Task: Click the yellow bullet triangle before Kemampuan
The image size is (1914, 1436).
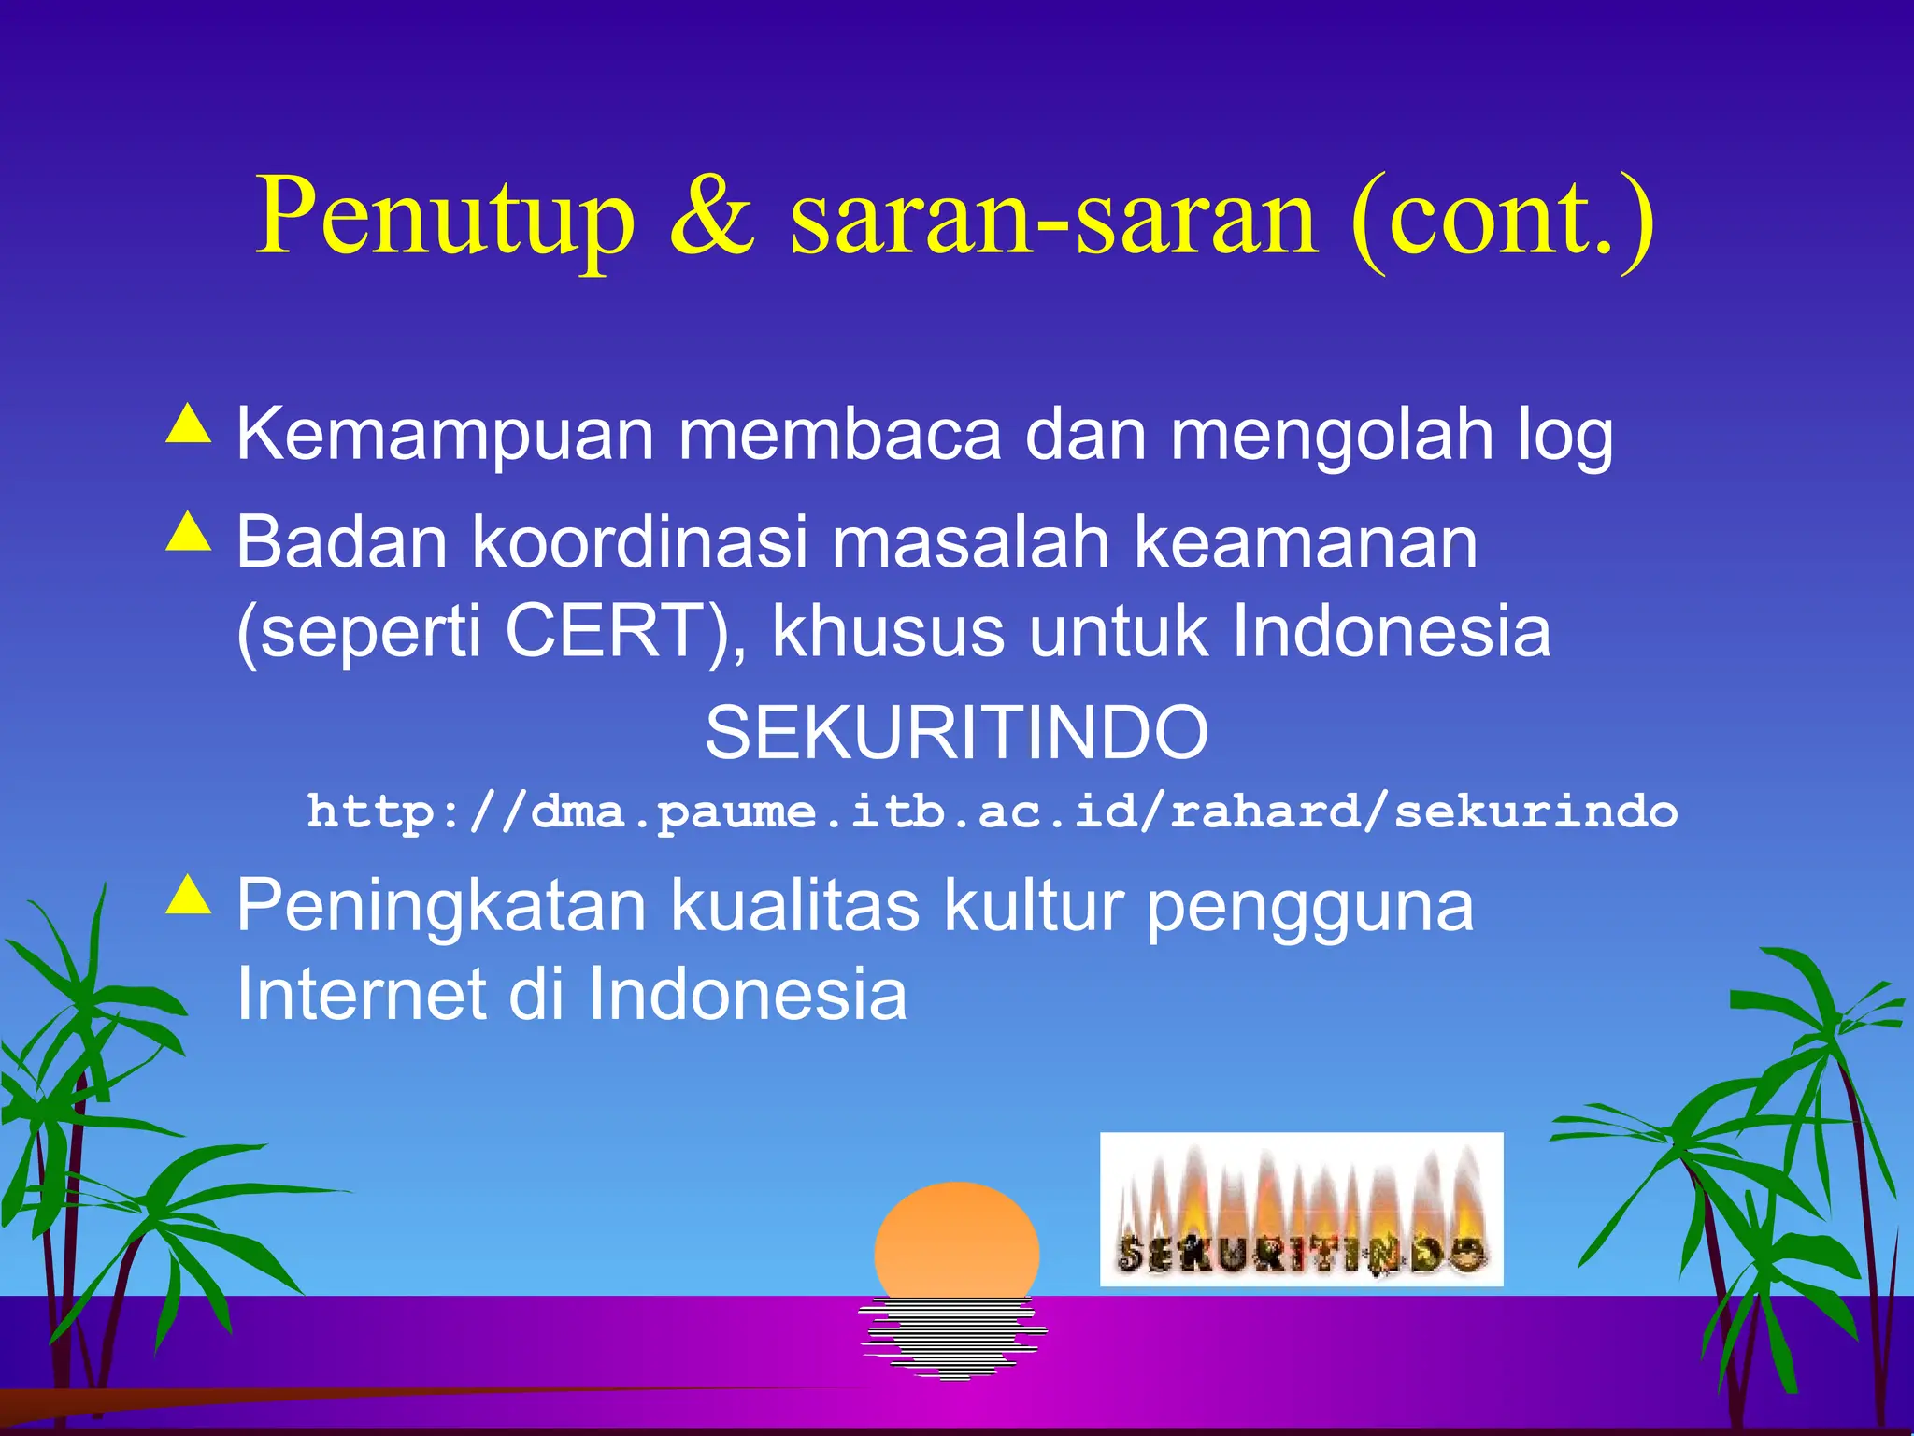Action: pyautogui.click(x=189, y=424)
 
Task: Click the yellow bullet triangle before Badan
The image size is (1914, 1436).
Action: pyautogui.click(x=189, y=533)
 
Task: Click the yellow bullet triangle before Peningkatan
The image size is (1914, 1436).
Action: pyautogui.click(x=189, y=895)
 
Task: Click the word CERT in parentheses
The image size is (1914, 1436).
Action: pyautogui.click(x=604, y=631)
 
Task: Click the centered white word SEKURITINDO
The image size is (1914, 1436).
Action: pyautogui.click(x=956, y=732)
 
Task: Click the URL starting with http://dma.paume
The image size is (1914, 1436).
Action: pyautogui.click(x=991, y=811)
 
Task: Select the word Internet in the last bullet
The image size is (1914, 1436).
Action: pyautogui.click(x=361, y=995)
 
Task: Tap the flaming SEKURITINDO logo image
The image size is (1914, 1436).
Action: pyautogui.click(x=1301, y=1209)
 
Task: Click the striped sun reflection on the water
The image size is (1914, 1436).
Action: pyautogui.click(x=953, y=1337)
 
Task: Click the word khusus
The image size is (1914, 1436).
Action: pyautogui.click(x=888, y=631)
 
